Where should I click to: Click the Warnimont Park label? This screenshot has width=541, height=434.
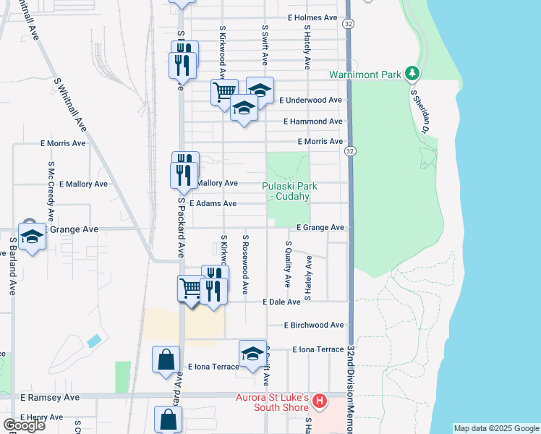click(x=365, y=75)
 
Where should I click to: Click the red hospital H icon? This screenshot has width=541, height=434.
click(x=319, y=400)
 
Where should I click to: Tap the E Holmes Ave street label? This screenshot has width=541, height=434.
click(x=312, y=17)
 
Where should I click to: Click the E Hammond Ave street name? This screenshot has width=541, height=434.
click(x=312, y=122)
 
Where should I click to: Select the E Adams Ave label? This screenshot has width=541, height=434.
click(x=213, y=204)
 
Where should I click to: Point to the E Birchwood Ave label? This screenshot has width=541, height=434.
click(x=314, y=325)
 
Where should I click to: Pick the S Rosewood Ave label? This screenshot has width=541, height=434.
click(x=246, y=264)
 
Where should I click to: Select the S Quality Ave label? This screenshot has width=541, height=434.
click(x=288, y=264)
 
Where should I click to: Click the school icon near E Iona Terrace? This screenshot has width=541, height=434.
click(x=252, y=353)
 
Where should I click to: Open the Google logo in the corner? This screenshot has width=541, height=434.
click(x=24, y=425)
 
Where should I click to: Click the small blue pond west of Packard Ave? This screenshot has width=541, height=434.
click(x=93, y=340)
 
